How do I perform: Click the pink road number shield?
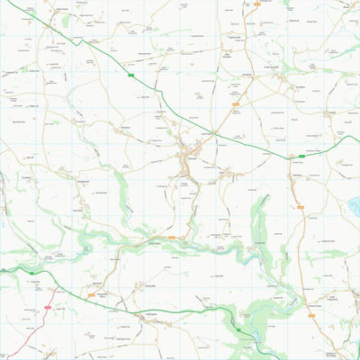47,308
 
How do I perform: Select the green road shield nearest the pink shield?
31,272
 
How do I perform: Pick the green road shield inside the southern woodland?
238,329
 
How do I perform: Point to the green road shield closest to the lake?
301,156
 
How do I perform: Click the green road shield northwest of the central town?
131,76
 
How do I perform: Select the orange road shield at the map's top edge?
256,4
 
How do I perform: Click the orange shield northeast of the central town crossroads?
236,104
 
